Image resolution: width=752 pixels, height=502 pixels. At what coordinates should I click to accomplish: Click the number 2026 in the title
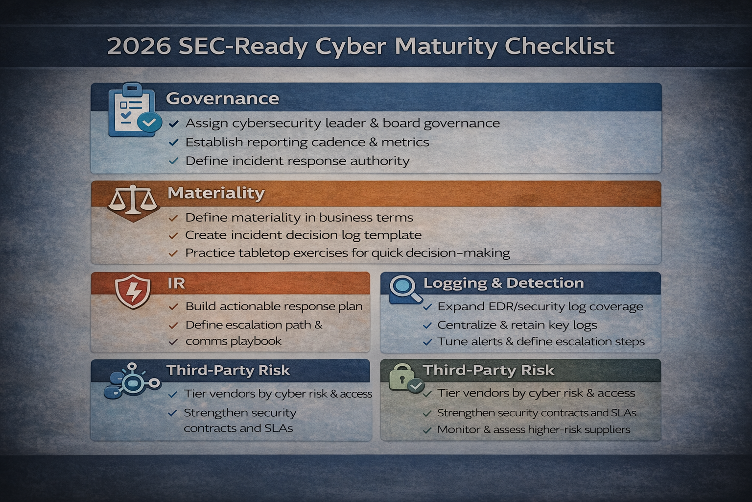pyautogui.click(x=139, y=47)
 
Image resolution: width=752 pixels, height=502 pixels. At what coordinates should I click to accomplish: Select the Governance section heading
pyautogui.click(x=222, y=99)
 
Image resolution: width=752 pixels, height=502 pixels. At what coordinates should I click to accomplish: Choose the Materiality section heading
pyautogui.click(x=216, y=193)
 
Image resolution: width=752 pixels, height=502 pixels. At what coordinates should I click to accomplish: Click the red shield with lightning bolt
pyautogui.click(x=133, y=291)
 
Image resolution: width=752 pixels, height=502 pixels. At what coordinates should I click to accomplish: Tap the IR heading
pyautogui.click(x=176, y=283)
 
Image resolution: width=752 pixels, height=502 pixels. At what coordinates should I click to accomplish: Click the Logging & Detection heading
pyautogui.click(x=503, y=283)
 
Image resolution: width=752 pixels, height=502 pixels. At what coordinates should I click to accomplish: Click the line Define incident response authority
pyautogui.click(x=297, y=161)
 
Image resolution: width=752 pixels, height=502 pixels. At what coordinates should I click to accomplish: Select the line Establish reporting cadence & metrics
pyautogui.click(x=307, y=143)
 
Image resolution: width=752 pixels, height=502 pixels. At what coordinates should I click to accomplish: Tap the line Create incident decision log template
pyautogui.click(x=303, y=235)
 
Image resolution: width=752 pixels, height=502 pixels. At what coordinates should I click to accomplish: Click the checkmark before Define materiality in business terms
pyautogui.click(x=173, y=218)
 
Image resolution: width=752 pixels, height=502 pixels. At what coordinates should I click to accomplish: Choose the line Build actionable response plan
pyautogui.click(x=274, y=307)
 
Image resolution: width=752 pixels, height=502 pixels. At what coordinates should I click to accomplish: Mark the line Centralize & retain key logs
pyautogui.click(x=517, y=325)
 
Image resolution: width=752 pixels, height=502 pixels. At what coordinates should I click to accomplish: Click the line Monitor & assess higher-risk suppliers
pyautogui.click(x=534, y=430)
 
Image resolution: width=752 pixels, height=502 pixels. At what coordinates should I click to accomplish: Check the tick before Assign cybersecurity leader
pyautogui.click(x=173, y=124)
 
